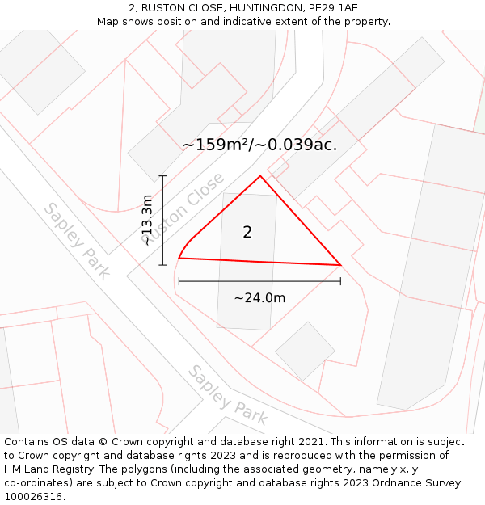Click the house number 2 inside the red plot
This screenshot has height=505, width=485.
247,233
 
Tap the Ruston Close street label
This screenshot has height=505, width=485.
184,208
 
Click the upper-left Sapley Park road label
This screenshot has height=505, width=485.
76,240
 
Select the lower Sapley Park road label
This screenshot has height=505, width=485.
227,395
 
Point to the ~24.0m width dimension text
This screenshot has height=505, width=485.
259,298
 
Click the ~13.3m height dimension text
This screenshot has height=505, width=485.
146,220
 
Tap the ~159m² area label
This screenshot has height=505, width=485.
259,145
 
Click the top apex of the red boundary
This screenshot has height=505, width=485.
260,176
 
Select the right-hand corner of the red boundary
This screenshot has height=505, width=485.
340,265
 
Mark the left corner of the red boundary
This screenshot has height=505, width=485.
179,259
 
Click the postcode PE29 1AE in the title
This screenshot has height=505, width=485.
328,7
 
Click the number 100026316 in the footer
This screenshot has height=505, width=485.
33,497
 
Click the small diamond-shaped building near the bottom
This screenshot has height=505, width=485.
305,351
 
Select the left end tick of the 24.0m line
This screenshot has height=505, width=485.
179,281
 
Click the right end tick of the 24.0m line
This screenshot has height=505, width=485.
340,281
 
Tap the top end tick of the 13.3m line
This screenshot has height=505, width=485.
163,175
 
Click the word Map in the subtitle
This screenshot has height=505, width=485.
109,21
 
